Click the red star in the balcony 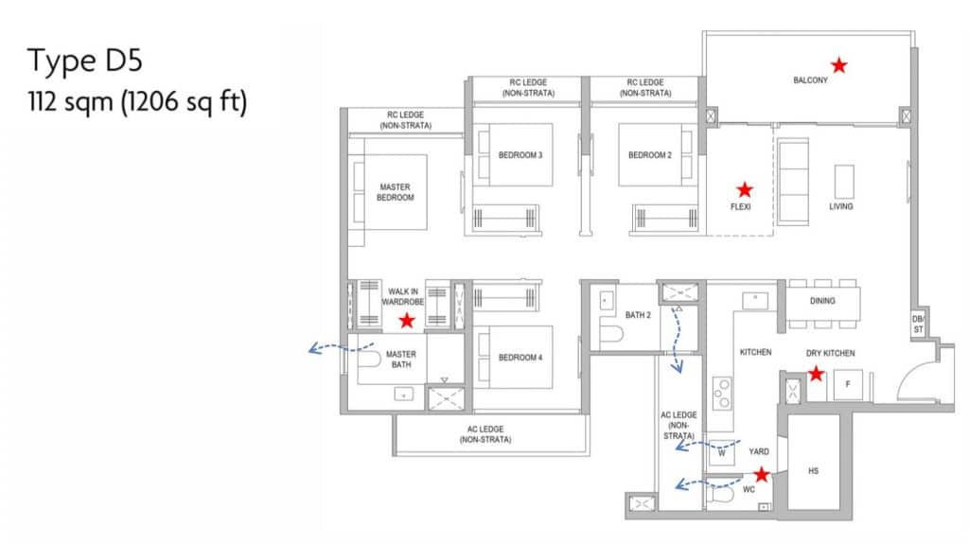[838, 64]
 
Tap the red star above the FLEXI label [745, 189]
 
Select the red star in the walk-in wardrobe [407, 320]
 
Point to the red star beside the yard [762, 474]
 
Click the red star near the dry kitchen [816, 373]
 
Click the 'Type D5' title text [84, 61]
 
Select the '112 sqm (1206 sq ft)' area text [137, 101]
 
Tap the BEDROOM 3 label [520, 155]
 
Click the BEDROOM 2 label [649, 155]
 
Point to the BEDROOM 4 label [520, 357]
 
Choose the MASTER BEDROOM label [396, 192]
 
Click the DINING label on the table [822, 301]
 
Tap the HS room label [813, 471]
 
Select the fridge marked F [848, 384]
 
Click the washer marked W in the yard [722, 452]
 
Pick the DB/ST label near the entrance [918, 324]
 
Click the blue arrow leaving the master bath [341, 348]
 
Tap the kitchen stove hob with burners [722, 393]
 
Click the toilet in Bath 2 [610, 334]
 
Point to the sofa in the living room [793, 182]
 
